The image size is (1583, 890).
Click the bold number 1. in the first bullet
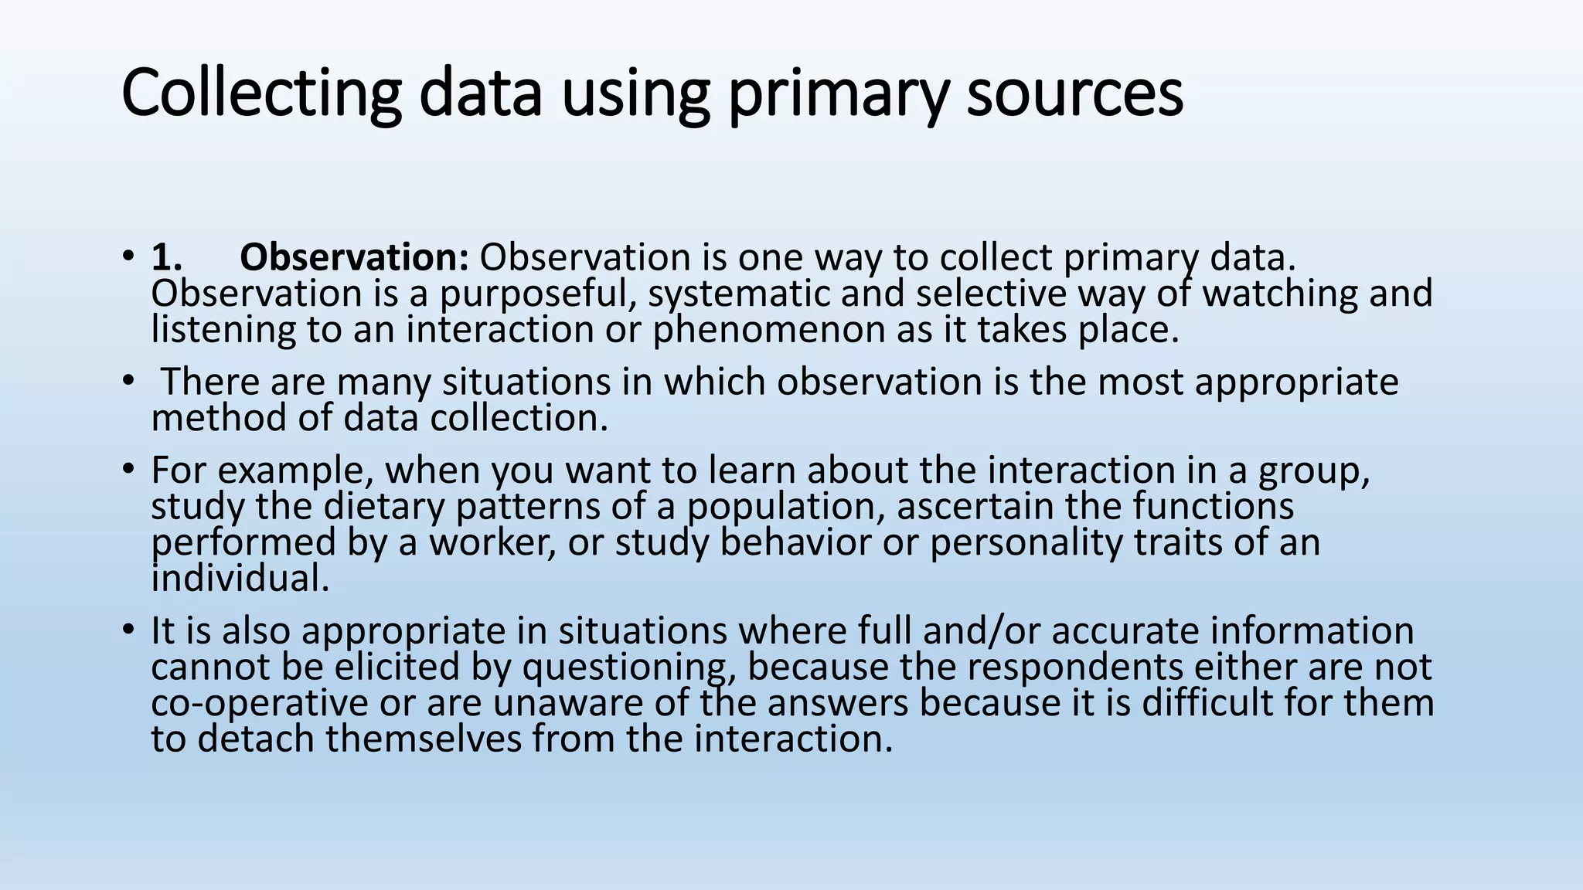point(167,257)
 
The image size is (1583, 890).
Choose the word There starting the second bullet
point(209,382)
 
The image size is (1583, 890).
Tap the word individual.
point(240,579)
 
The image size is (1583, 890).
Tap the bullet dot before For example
point(128,470)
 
